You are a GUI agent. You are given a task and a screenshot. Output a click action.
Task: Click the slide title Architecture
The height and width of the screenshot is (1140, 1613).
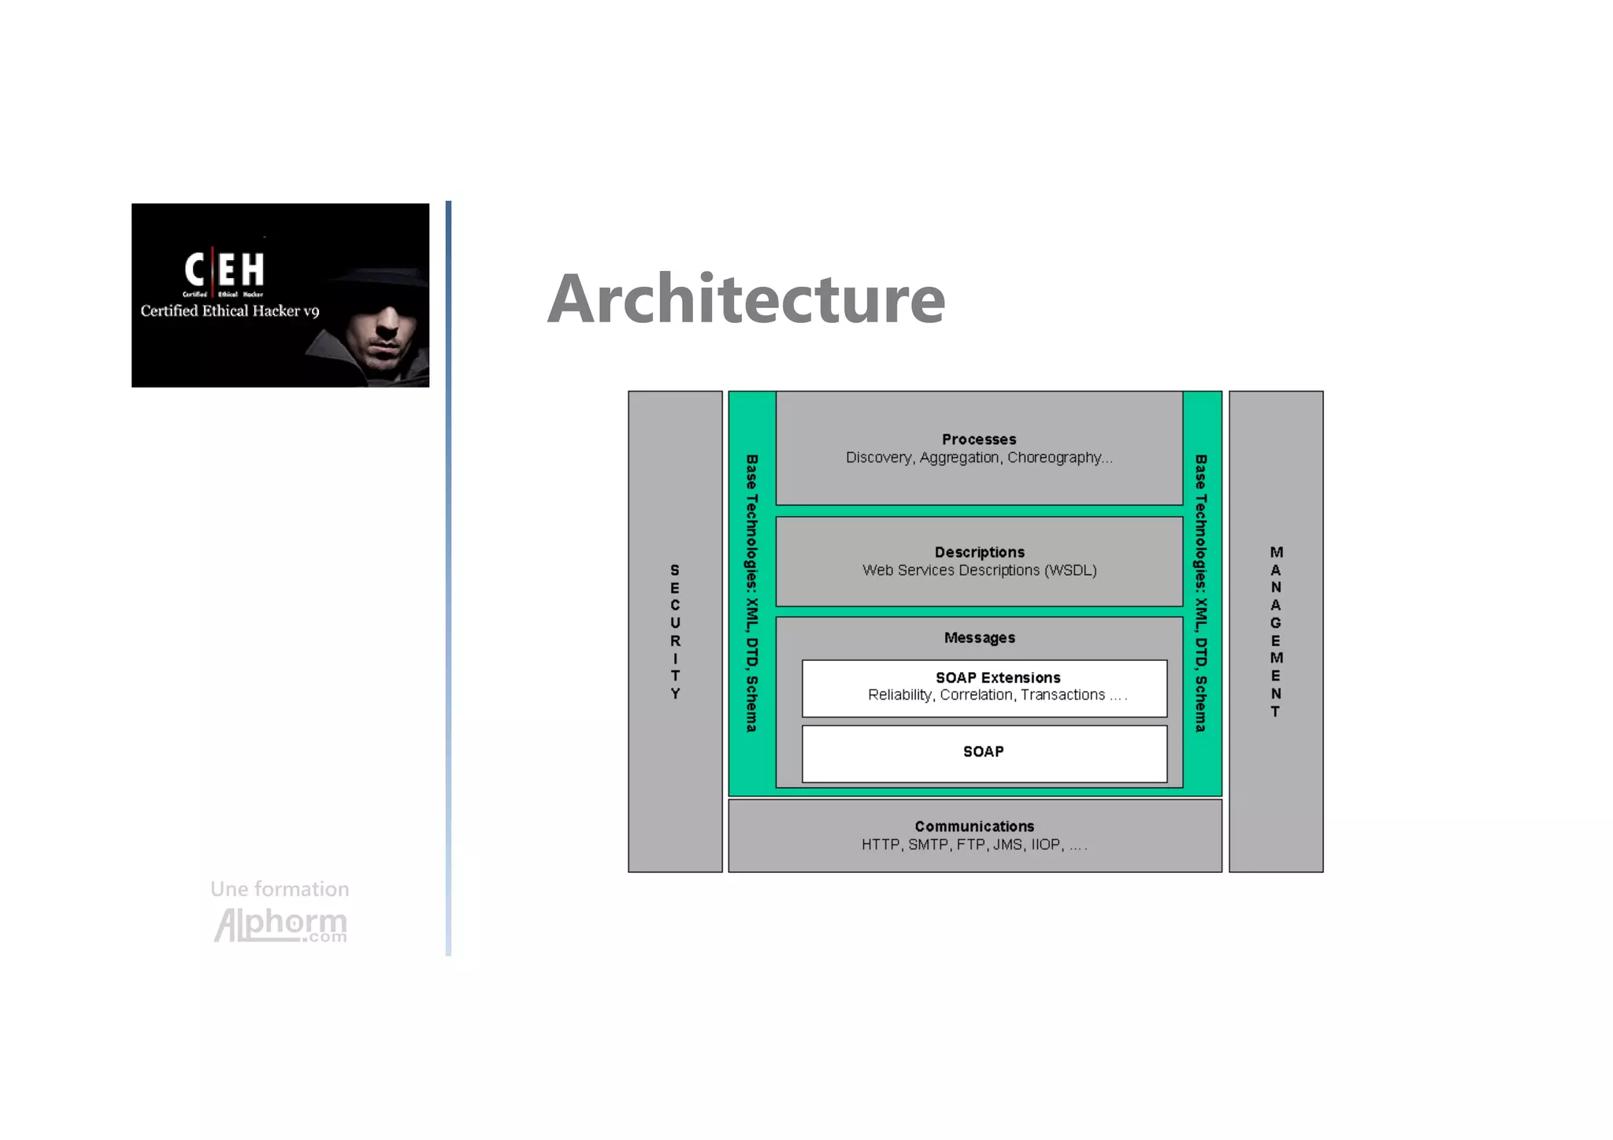[746, 299]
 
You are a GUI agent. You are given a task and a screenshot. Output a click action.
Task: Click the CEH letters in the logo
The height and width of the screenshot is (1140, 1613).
[224, 269]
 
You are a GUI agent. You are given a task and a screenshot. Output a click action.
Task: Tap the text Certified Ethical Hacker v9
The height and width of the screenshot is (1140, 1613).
[230, 311]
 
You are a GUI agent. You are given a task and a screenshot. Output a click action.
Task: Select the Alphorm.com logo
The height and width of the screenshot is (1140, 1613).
[280, 925]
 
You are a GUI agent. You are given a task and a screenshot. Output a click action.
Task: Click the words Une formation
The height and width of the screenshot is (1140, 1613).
[280, 889]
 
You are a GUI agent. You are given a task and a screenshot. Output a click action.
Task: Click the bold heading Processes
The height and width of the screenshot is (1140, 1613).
[979, 440]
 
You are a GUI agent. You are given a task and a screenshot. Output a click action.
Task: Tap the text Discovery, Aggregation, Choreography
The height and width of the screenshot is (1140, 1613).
[978, 458]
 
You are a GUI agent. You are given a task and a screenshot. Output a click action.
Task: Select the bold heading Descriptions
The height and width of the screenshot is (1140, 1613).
[979, 552]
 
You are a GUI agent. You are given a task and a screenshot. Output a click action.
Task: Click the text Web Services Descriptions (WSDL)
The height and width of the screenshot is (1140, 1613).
[979, 570]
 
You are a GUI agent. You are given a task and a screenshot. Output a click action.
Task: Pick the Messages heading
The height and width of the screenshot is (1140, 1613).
[979, 638]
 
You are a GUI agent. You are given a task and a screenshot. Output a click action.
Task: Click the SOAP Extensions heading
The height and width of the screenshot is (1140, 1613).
[997, 678]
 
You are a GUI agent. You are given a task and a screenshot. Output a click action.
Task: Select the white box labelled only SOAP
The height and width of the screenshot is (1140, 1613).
[984, 753]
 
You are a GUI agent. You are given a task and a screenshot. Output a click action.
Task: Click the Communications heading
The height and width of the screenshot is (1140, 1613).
[974, 826]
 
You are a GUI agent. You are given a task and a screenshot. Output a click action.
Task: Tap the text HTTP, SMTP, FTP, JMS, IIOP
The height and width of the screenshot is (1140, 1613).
[973, 845]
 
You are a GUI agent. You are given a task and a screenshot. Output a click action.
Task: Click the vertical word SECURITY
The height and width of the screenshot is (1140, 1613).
[675, 632]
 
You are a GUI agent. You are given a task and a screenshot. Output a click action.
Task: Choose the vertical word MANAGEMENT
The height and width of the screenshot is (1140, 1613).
[1276, 632]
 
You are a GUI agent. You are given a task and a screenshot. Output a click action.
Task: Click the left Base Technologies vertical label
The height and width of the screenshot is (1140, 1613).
[752, 593]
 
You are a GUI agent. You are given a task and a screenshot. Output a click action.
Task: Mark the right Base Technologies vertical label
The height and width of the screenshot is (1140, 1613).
[1201, 593]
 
